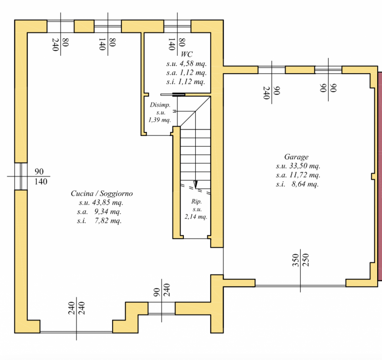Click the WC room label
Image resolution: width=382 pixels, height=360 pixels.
point(187,54)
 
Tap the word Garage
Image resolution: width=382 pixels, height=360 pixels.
point(296,157)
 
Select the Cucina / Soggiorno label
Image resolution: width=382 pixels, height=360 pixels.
point(102,194)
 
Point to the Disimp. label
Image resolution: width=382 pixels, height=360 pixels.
point(160,105)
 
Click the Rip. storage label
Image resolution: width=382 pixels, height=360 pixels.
point(196,201)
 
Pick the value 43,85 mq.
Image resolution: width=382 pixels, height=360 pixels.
point(108,202)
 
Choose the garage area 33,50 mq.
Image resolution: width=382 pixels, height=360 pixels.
point(305,166)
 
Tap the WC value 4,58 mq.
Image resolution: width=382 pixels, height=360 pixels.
point(193,64)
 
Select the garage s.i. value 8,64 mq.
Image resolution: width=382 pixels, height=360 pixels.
point(305,184)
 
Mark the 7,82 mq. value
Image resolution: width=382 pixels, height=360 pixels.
point(108,221)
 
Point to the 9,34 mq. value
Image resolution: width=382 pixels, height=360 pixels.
point(108,211)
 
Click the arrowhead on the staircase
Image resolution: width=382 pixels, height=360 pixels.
point(195,185)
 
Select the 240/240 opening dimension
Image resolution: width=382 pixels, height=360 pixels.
point(76,308)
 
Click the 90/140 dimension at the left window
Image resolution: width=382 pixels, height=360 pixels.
point(41,176)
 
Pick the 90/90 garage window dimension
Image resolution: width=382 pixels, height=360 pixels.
point(328,88)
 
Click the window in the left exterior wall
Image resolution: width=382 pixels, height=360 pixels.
point(21,176)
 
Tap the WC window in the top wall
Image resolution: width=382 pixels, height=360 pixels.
point(177,26)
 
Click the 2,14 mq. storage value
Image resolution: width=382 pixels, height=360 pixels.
point(196,217)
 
